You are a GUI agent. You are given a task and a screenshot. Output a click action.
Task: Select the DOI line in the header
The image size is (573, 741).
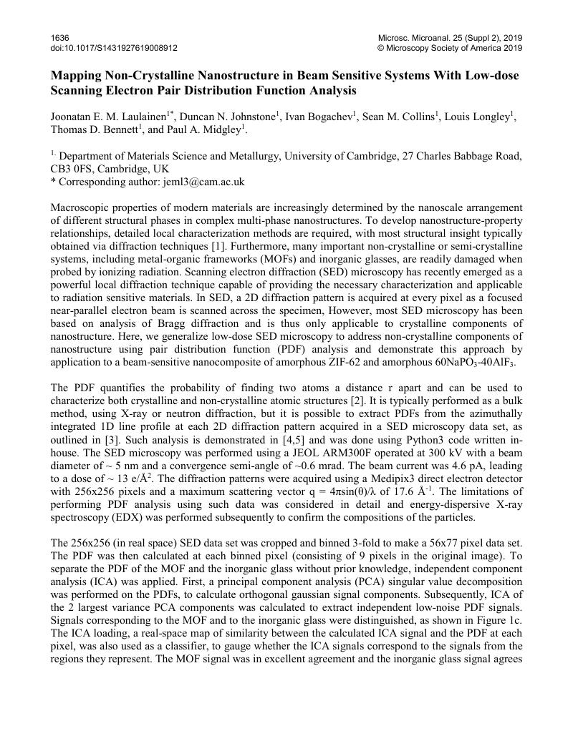(x=114, y=48)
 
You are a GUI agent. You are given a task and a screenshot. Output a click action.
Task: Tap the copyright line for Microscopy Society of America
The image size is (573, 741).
(x=449, y=48)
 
